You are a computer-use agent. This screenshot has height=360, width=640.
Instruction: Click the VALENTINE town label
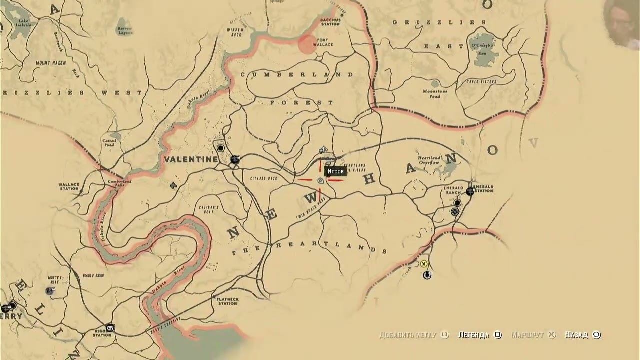(x=191, y=159)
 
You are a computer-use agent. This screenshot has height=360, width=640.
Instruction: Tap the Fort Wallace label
(x=323, y=42)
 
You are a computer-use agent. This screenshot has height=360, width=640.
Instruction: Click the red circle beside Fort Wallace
(x=307, y=44)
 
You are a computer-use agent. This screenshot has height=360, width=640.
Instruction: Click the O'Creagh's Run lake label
(x=483, y=48)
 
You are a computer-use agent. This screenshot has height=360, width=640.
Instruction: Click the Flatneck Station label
(x=227, y=301)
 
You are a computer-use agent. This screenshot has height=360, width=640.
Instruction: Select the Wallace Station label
(x=68, y=186)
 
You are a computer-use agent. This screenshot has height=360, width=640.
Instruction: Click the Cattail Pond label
(x=109, y=143)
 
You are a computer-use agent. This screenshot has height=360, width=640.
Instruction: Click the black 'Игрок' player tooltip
(x=335, y=171)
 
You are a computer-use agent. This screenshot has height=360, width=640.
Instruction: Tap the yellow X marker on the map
(x=424, y=264)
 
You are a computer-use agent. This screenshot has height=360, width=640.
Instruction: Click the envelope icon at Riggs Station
(x=110, y=328)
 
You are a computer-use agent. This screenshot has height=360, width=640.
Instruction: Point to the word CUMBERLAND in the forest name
(x=297, y=75)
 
